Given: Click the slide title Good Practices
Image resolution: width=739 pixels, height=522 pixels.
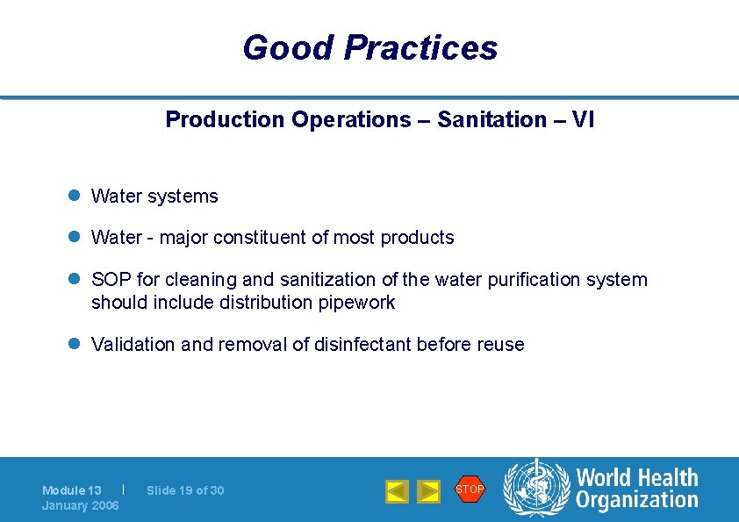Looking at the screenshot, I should [x=369, y=47].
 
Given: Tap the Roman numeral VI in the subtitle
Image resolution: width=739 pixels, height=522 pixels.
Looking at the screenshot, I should [x=583, y=120].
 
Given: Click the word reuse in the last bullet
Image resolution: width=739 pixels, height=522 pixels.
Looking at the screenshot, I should [x=500, y=345].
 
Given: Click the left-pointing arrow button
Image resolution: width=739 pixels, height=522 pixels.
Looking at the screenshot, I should [x=397, y=491].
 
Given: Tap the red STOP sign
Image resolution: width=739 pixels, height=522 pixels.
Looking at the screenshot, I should [x=470, y=489].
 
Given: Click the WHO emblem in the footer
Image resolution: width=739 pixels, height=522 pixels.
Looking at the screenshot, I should [x=535, y=488].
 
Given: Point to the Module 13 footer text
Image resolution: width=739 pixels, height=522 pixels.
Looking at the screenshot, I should [x=72, y=490].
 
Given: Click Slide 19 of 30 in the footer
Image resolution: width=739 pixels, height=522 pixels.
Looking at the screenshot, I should [x=185, y=490].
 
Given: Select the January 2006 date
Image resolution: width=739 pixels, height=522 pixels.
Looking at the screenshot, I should [x=80, y=505].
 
